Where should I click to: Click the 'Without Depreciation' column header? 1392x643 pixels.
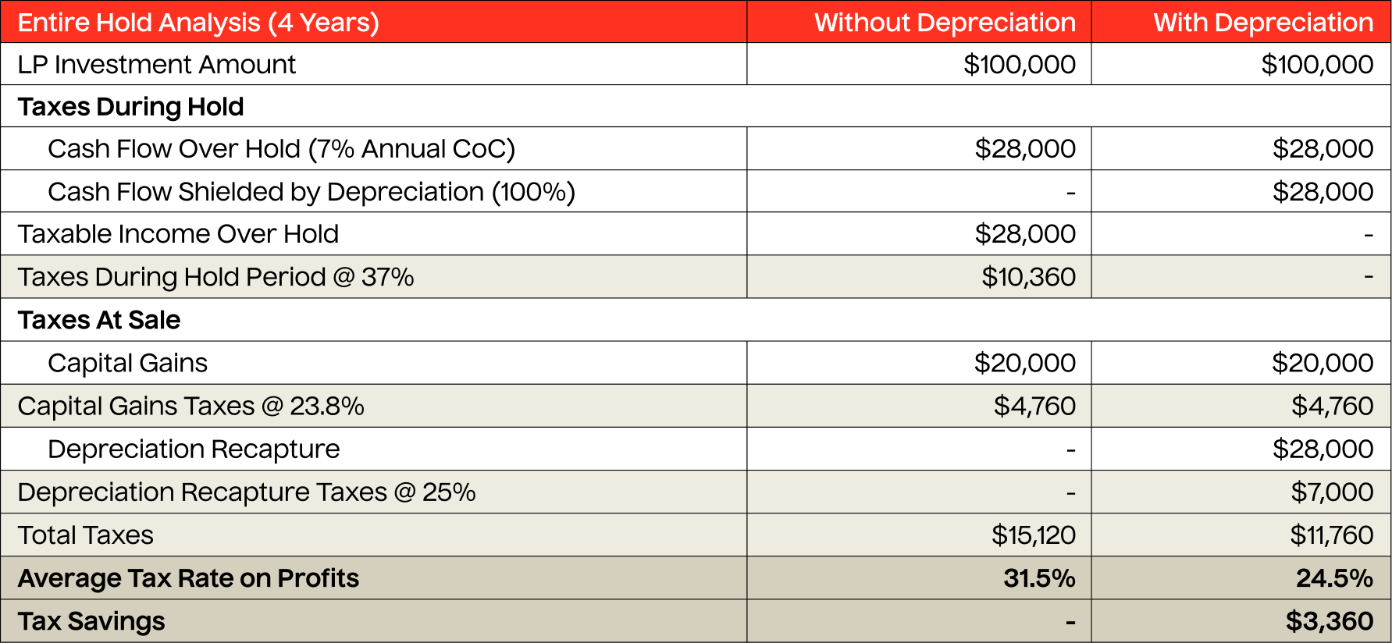click(945, 23)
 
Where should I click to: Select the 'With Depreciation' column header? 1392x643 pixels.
click(1262, 23)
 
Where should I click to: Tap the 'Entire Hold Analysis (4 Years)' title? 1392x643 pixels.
click(198, 23)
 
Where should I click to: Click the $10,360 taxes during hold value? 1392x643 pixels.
click(1028, 277)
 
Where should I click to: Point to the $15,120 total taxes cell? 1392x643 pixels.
click(1033, 535)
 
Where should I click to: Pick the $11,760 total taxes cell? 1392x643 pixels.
click(1331, 535)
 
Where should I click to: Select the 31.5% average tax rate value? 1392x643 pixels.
click(1039, 578)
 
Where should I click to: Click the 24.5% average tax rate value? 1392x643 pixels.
click(1334, 578)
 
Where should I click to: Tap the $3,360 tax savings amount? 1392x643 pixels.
click(1330, 621)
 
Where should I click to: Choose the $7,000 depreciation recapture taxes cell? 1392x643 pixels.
click(1332, 492)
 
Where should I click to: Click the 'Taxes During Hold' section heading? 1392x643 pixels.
click(130, 107)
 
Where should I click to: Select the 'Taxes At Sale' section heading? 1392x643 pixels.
click(99, 320)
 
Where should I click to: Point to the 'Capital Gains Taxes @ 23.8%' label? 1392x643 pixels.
click(190, 407)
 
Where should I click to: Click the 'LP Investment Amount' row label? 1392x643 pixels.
click(156, 65)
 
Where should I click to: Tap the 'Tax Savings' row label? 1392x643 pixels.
click(91, 621)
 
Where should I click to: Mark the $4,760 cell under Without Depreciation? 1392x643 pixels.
click(1034, 407)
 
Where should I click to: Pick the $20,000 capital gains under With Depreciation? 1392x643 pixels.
click(1323, 364)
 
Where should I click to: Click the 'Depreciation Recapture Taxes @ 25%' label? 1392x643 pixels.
click(246, 492)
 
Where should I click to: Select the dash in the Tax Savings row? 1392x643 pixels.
click(1070, 622)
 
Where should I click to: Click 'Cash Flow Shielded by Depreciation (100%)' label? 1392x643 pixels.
click(311, 192)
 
